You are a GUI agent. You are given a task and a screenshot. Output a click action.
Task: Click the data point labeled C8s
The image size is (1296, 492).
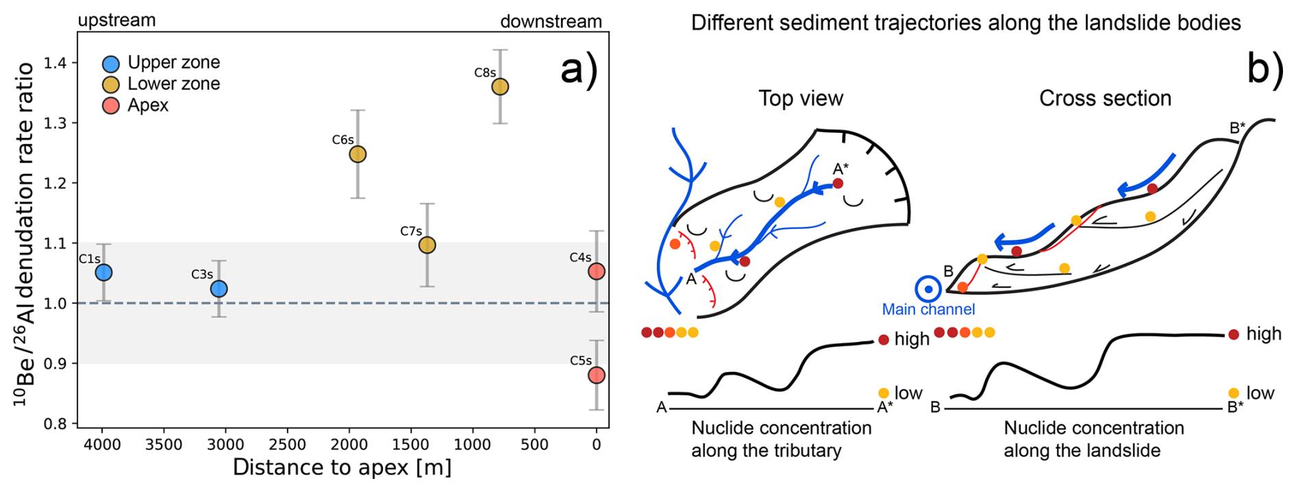(500, 87)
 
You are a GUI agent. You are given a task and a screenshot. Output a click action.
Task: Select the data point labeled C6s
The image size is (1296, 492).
(358, 154)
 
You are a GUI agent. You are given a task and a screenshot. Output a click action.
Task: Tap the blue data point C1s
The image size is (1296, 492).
(103, 273)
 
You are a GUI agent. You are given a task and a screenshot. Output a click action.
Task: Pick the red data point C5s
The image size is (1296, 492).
(597, 376)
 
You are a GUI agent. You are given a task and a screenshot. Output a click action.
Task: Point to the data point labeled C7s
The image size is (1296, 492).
(427, 245)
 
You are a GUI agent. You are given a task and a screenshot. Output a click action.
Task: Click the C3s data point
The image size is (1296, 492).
(219, 289)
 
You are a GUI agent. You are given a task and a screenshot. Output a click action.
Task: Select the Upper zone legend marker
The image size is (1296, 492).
(111, 64)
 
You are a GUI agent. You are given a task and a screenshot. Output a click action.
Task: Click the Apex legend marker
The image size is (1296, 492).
(111, 106)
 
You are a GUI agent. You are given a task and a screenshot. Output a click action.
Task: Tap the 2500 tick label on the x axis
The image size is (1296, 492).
(287, 445)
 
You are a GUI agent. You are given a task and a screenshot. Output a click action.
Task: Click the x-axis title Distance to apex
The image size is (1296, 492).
(342, 467)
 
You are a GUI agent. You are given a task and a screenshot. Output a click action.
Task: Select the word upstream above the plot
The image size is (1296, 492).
(116, 21)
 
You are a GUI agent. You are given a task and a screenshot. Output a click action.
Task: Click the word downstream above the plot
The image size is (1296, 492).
(551, 22)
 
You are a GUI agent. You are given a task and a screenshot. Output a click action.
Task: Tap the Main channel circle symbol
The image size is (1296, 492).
(928, 290)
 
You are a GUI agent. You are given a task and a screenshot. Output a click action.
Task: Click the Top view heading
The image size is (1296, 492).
(801, 99)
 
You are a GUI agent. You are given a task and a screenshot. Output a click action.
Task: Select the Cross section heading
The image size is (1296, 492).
(1105, 99)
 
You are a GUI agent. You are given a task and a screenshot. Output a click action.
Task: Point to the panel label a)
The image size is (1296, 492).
(579, 69)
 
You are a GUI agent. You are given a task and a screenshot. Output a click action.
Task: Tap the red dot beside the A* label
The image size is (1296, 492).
(838, 184)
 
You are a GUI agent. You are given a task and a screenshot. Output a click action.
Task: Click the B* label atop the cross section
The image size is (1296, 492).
(1237, 128)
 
